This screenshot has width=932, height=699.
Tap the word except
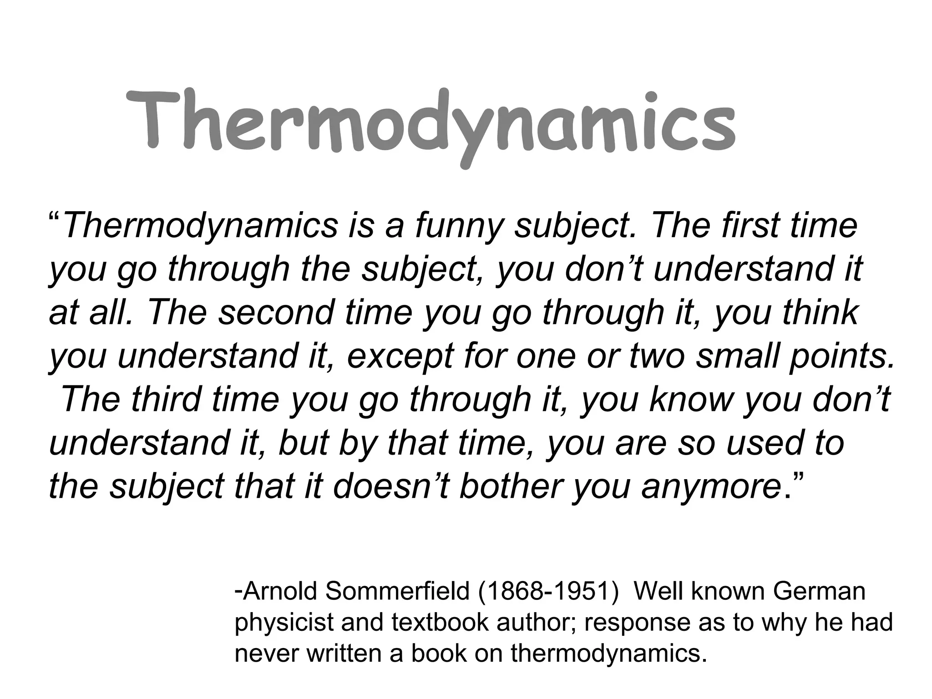point(400,356)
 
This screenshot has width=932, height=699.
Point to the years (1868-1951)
point(548,591)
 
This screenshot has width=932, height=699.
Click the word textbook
point(439,622)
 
